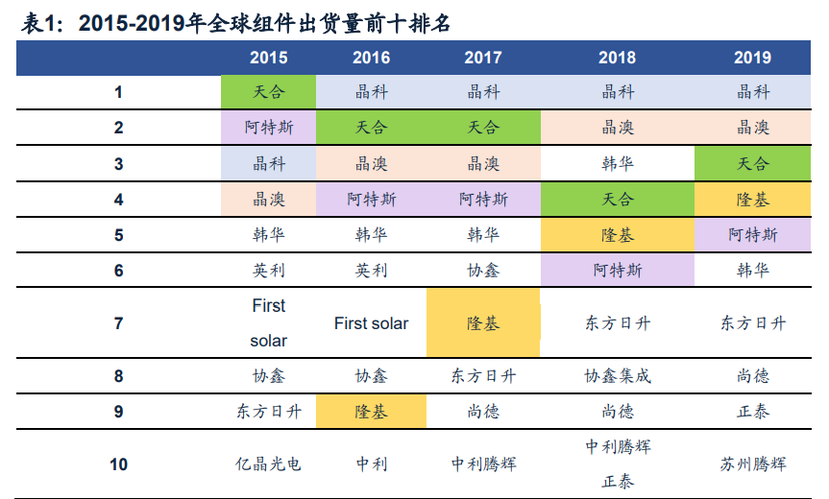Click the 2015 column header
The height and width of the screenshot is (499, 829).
pyautogui.click(x=268, y=58)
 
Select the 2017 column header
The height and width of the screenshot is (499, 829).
pyautogui.click(x=482, y=58)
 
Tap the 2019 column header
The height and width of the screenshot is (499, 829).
pyautogui.click(x=752, y=58)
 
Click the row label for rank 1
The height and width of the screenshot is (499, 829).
pyautogui.click(x=118, y=92)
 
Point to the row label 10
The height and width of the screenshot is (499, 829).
pyautogui.click(x=118, y=464)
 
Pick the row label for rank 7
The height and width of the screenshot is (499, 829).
pyautogui.click(x=118, y=323)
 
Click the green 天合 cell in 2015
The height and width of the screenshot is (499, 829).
pyautogui.click(x=268, y=92)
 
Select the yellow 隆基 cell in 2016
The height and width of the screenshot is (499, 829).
pyautogui.click(x=371, y=412)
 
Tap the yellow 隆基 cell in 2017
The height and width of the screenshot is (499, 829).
pyautogui.click(x=482, y=323)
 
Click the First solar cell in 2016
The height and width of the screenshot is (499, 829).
pyautogui.click(x=371, y=323)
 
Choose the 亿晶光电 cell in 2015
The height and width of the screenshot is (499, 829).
pyautogui.click(x=268, y=464)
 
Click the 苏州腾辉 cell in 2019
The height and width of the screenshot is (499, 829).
pyautogui.click(x=752, y=464)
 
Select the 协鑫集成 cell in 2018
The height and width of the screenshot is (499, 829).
pyautogui.click(x=617, y=376)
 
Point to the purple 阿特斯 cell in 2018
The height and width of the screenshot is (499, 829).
pyautogui.click(x=617, y=271)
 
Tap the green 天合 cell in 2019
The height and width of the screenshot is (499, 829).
pyautogui.click(x=752, y=163)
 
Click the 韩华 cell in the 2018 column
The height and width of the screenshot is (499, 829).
pyautogui.click(x=617, y=163)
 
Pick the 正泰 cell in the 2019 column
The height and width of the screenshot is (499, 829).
pyautogui.click(x=752, y=412)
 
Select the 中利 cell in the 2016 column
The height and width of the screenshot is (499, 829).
pyautogui.click(x=371, y=464)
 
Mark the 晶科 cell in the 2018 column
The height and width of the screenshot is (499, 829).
pyautogui.click(x=617, y=92)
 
